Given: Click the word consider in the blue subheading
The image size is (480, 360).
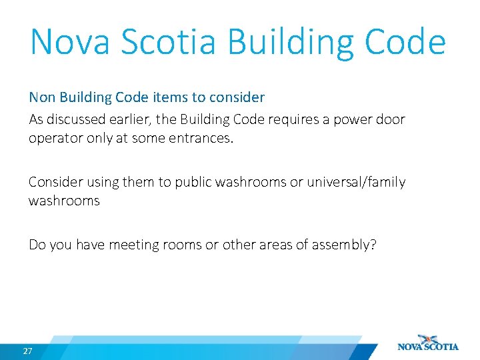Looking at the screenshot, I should click(237, 97).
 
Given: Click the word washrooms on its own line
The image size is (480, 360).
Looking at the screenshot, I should click(64, 201).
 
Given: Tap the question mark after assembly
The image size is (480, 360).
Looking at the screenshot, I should click(373, 245).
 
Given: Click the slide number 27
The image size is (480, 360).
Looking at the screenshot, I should click(27, 351).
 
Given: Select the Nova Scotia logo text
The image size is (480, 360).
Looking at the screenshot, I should click(428, 347).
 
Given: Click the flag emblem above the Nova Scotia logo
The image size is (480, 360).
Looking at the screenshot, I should click(427, 338).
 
